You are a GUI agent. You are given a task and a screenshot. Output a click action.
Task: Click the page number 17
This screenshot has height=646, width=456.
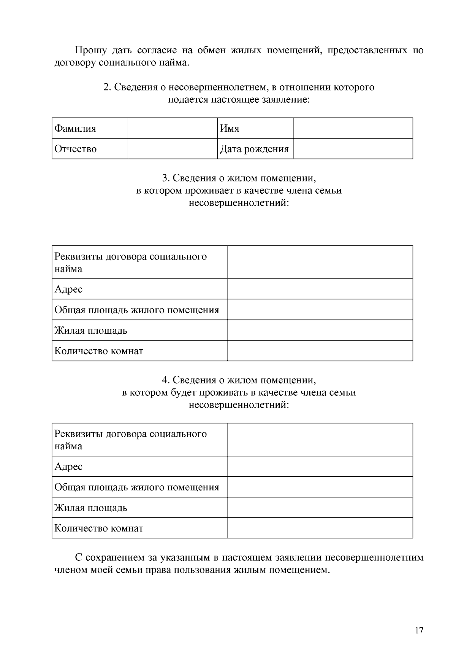point(419,630)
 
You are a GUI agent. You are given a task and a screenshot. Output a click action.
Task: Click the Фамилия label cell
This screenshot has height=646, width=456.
point(75,129)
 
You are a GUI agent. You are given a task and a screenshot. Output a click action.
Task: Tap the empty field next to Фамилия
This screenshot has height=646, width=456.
point(172,129)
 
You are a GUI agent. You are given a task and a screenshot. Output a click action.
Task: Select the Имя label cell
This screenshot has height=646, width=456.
point(230,129)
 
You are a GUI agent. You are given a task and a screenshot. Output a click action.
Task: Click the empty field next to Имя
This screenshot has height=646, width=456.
point(353,129)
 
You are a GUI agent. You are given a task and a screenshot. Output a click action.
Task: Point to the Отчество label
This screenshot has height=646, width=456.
point(76,149)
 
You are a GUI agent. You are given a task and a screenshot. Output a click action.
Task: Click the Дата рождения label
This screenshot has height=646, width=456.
point(254,149)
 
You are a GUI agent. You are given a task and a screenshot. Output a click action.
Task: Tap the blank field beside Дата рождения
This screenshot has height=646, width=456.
point(353,149)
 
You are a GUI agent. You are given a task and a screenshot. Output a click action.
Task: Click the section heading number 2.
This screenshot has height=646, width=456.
point(107,87)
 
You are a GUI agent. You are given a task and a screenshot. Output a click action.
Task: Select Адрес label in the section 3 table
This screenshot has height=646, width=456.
point(68,289)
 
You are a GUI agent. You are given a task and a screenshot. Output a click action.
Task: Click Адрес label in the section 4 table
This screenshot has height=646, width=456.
point(68,466)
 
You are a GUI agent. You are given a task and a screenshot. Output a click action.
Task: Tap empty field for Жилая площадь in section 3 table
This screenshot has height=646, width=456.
point(320,330)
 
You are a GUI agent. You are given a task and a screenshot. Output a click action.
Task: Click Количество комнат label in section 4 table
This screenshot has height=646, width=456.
point(99,528)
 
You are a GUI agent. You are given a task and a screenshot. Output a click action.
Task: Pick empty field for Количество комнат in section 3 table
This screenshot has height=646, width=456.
point(320,351)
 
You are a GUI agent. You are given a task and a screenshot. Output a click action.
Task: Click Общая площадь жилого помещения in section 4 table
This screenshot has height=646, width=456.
point(137,487)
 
